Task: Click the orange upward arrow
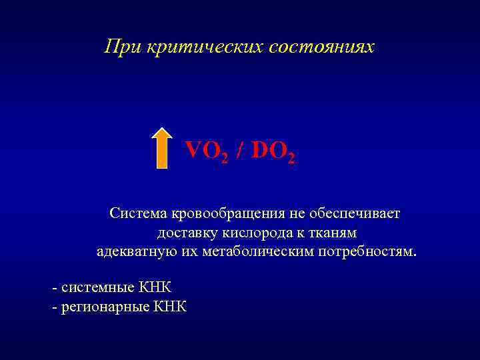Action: click(x=161, y=148)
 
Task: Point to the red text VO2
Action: click(x=207, y=152)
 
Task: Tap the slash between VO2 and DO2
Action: click(x=239, y=151)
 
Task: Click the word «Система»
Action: click(x=139, y=214)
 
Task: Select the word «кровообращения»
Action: click(x=228, y=214)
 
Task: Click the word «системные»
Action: click(x=98, y=287)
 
